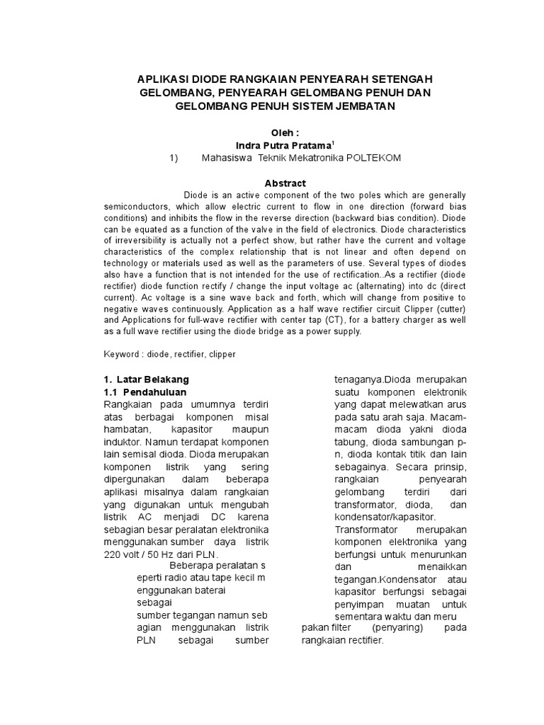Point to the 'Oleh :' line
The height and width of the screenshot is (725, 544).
[271, 132]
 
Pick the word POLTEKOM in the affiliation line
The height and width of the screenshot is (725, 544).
[373, 158]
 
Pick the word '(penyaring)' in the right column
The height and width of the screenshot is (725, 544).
[397, 628]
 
